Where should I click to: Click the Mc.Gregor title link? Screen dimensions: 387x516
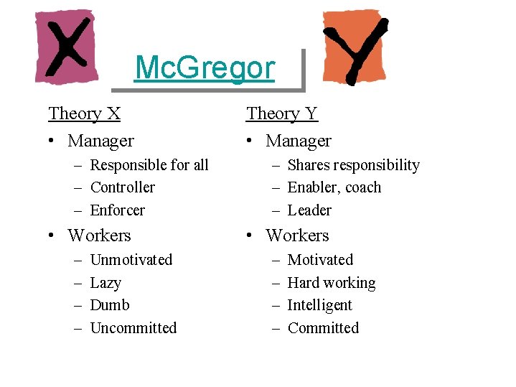click(x=205, y=68)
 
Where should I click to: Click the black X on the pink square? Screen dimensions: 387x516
click(x=66, y=49)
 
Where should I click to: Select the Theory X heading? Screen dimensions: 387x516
click(x=84, y=113)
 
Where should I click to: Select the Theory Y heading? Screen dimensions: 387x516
click(x=281, y=113)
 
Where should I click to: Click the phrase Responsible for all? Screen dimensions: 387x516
click(x=149, y=165)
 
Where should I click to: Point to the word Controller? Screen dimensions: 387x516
click(x=123, y=187)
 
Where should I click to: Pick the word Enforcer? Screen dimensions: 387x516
click(x=118, y=210)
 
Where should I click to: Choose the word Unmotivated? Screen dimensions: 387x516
click(x=131, y=260)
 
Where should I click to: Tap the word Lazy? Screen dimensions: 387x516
click(x=105, y=283)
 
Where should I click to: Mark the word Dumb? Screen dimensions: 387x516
click(x=110, y=305)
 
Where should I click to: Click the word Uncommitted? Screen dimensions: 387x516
click(x=133, y=328)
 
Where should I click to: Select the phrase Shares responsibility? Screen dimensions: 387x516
click(x=353, y=165)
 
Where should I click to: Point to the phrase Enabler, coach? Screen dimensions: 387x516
click(x=334, y=187)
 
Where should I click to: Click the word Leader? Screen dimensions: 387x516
click(x=309, y=210)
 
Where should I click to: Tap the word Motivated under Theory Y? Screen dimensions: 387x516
click(x=320, y=260)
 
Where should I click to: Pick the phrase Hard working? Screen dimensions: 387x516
click(x=332, y=283)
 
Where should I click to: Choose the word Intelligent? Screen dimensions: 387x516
click(x=319, y=305)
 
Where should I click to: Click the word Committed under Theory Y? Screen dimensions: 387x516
click(x=323, y=328)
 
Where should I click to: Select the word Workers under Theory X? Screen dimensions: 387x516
click(x=99, y=236)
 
